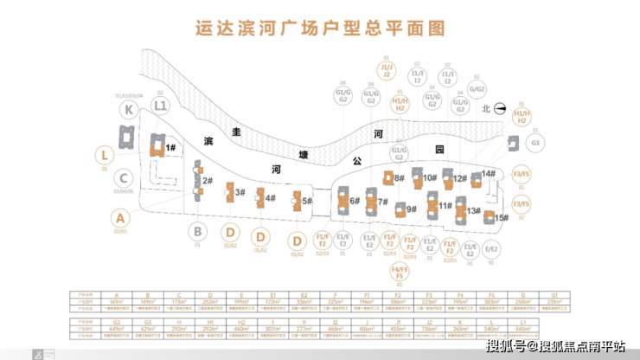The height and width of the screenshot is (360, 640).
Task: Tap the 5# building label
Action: [x=307, y=201]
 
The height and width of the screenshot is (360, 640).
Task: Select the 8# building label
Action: [x=399, y=177]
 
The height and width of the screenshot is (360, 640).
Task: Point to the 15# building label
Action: [x=502, y=218]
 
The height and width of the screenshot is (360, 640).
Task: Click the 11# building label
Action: [x=445, y=206]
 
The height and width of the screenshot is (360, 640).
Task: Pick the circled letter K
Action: [x=129, y=109]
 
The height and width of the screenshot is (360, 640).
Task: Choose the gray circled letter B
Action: [x=198, y=231]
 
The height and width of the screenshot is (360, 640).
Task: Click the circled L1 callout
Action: [x=159, y=106]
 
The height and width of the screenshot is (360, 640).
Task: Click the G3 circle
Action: [x=535, y=143]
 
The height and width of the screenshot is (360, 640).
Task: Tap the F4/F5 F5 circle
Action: [x=399, y=275]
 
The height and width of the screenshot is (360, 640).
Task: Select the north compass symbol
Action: [x=500, y=109]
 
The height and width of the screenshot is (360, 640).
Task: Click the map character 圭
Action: [x=234, y=132]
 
